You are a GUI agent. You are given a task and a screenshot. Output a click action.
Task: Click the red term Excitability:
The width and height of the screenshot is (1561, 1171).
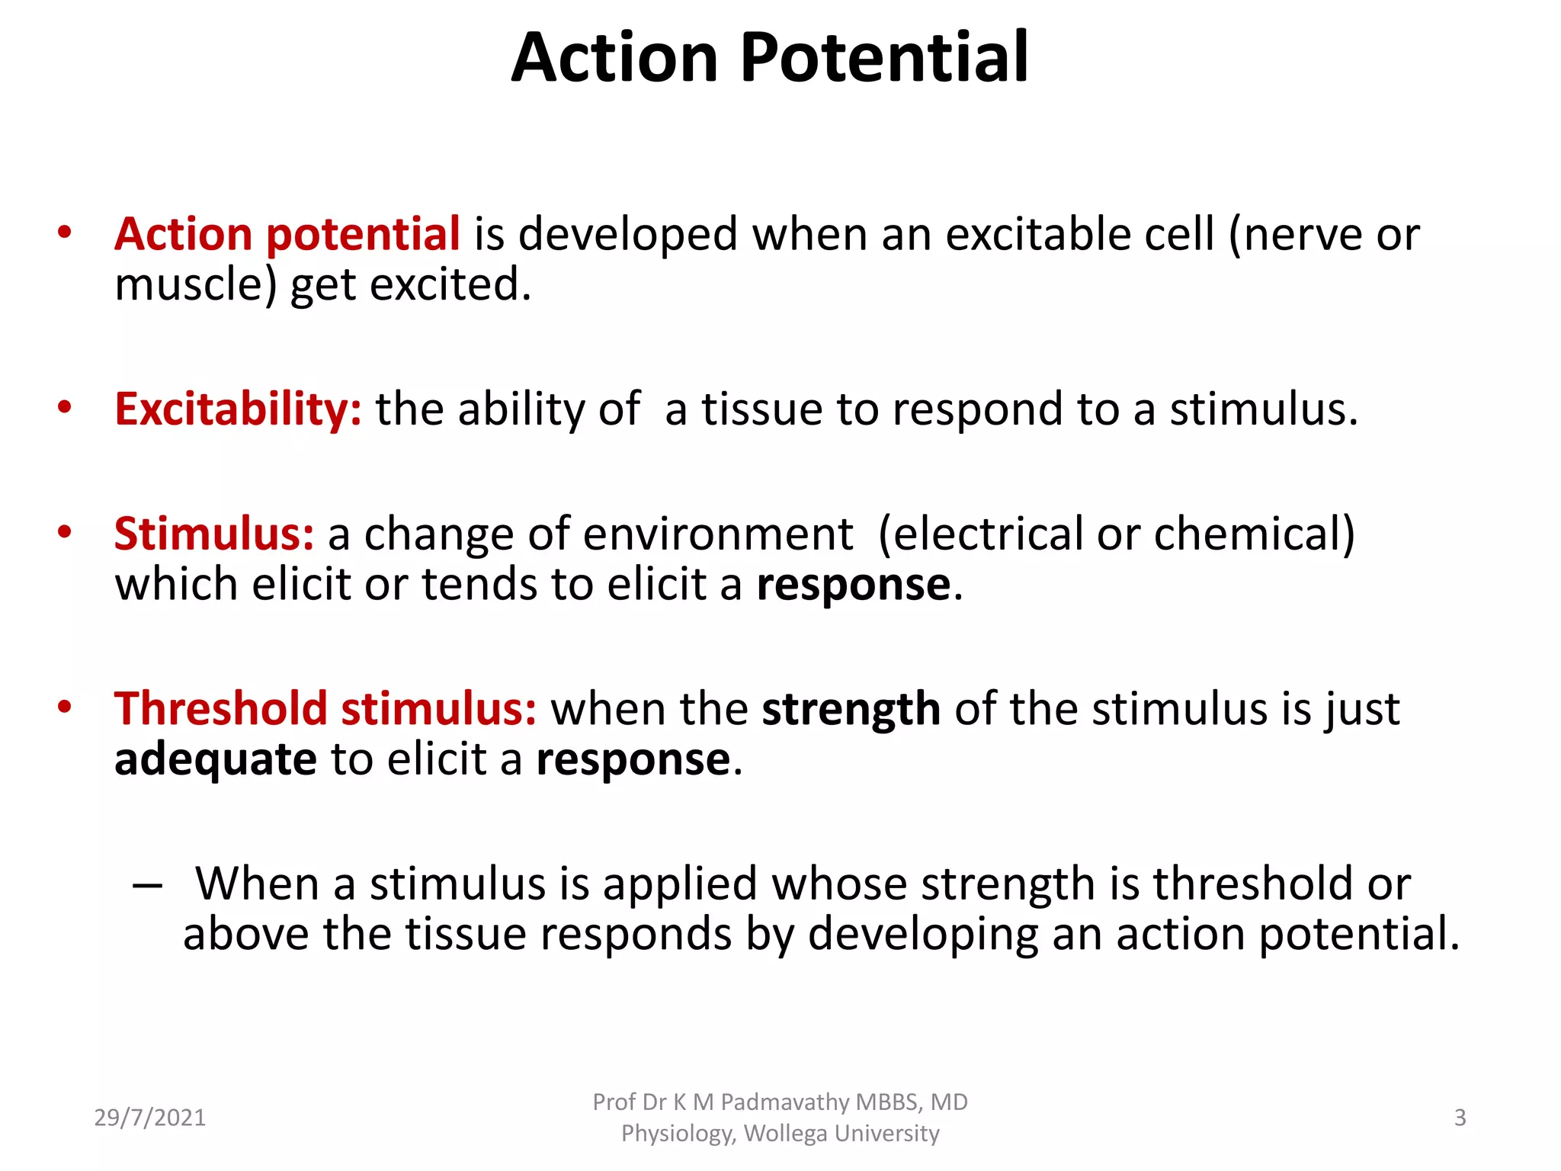238,409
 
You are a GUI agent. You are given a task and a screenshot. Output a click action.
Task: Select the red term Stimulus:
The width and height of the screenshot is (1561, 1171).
213,534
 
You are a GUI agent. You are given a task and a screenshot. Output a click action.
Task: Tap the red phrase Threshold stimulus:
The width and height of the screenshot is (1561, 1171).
325,709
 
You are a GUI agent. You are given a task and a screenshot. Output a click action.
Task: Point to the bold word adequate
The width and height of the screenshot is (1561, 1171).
215,760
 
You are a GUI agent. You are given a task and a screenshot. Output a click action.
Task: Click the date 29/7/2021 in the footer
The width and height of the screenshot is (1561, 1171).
150,1118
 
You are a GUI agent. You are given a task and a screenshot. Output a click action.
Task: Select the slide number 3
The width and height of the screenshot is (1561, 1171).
1460,1118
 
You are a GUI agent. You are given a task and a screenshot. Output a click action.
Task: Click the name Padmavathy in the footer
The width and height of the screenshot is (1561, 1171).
784,1102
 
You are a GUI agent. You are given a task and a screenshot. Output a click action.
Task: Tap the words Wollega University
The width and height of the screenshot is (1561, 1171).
841,1134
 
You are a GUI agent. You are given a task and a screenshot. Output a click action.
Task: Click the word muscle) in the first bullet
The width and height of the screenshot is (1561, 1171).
195,285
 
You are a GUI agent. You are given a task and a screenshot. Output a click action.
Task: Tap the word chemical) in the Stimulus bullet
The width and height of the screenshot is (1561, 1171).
1255,534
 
